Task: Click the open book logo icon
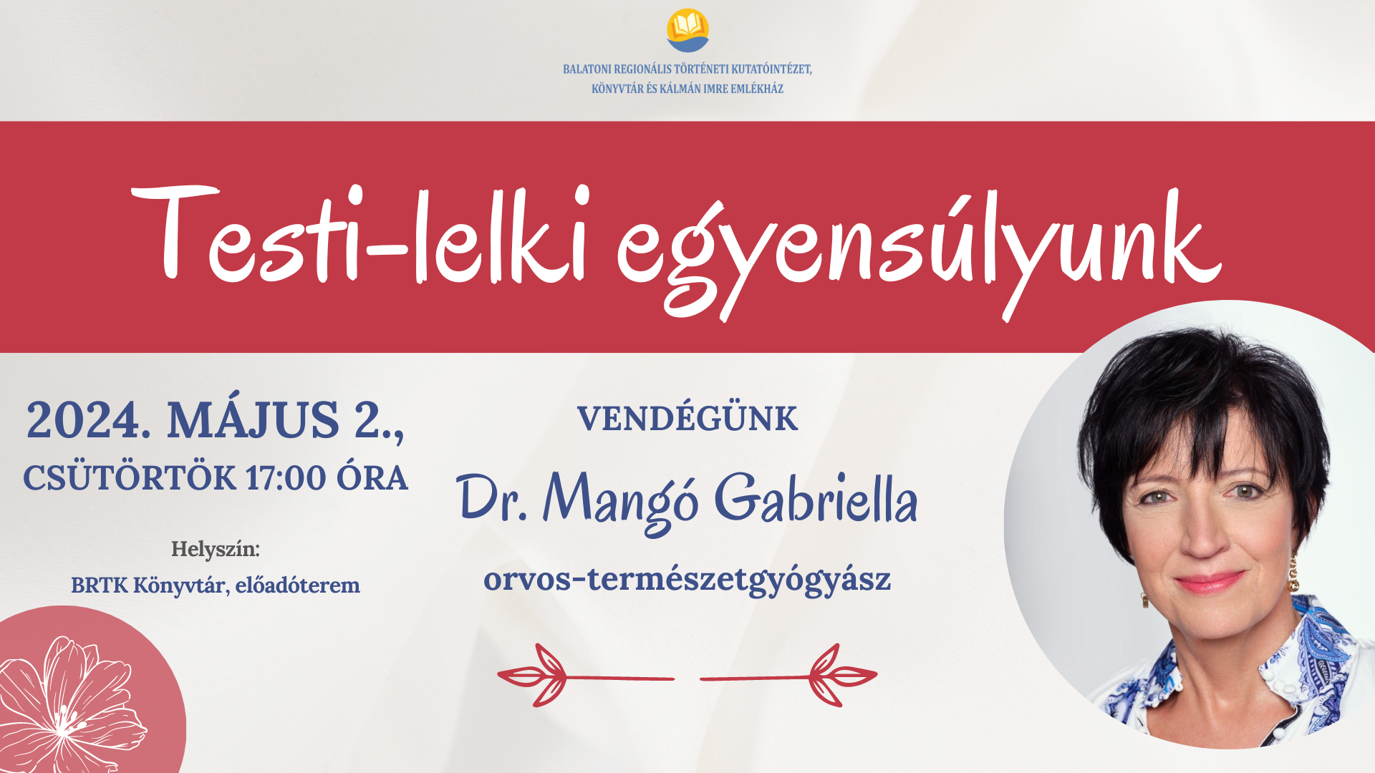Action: pos(687,30)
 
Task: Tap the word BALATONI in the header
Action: pos(587,69)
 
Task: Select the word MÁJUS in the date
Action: pos(253,420)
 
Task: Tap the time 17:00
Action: pos(286,478)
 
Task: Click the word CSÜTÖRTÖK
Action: pos(130,478)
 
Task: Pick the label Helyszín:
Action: pos(215,549)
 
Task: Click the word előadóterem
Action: pos(297,585)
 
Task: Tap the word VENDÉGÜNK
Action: pos(687,419)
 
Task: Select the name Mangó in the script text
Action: pos(620,501)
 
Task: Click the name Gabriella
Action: pos(816,499)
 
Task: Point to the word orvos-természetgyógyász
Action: pos(687,579)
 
